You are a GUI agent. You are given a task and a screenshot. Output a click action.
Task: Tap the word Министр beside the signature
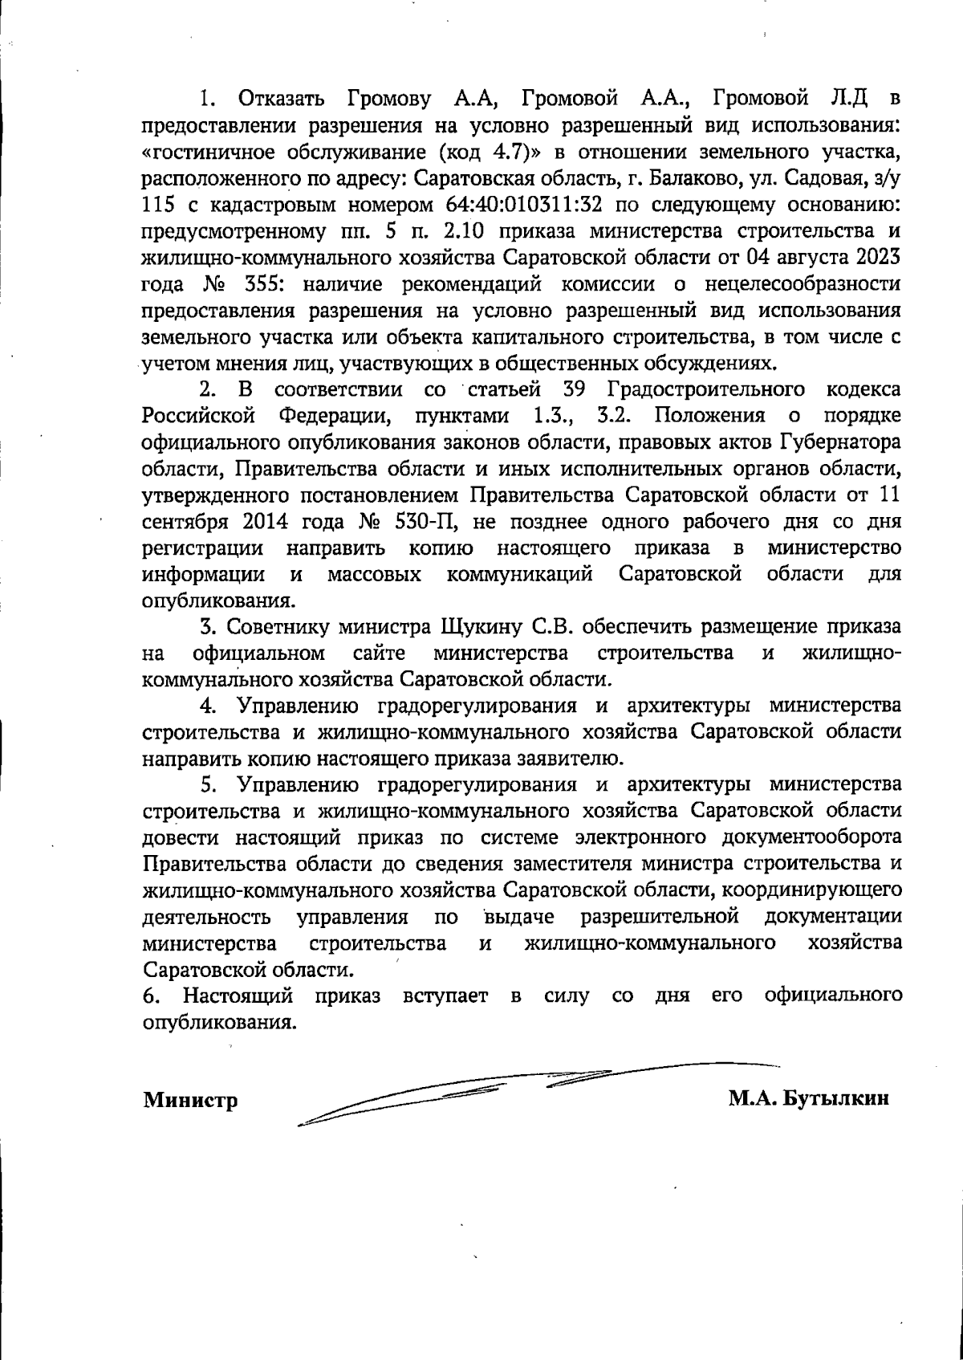190,1100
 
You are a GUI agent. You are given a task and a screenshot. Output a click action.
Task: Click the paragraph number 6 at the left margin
148,996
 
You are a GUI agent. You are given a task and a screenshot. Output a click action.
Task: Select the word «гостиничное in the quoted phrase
204,151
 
